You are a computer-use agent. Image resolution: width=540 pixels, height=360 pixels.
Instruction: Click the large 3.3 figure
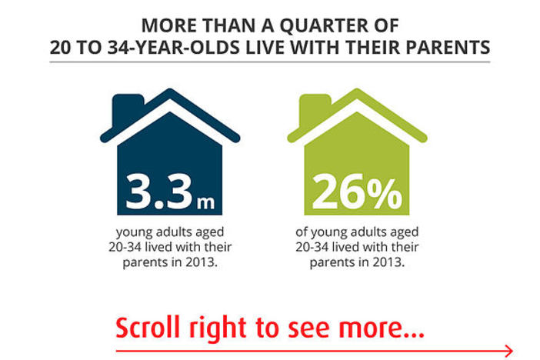(x=158, y=192)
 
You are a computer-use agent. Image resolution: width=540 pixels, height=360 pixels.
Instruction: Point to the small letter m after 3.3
(x=205, y=202)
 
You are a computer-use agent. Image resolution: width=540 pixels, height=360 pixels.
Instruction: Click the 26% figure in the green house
(x=356, y=192)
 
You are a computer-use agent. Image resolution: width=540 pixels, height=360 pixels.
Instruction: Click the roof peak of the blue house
(x=170, y=90)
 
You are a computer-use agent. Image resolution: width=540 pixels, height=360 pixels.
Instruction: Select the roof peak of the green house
(x=357, y=90)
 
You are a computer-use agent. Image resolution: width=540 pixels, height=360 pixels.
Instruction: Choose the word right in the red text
(x=218, y=329)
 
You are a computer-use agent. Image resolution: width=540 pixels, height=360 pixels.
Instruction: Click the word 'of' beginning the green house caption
(x=302, y=232)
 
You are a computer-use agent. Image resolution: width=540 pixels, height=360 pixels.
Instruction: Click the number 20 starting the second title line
(x=61, y=48)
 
